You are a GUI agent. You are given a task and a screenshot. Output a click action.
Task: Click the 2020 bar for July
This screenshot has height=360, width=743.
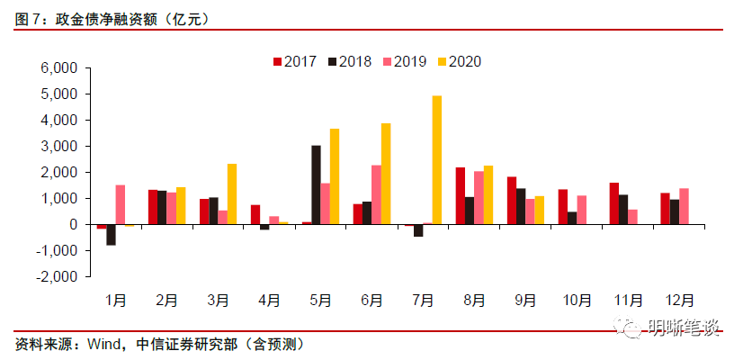tap(437, 159)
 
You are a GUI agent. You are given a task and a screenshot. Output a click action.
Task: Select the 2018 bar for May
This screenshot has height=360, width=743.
tap(317, 184)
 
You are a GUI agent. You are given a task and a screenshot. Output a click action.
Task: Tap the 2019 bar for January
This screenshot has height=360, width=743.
tap(121, 204)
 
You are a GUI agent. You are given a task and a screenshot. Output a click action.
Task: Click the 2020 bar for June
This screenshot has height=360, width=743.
tap(386, 174)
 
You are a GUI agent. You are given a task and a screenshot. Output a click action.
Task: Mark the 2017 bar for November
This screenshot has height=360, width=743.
tap(613, 203)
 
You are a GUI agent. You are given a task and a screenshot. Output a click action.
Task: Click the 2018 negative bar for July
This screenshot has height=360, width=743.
tap(418, 230)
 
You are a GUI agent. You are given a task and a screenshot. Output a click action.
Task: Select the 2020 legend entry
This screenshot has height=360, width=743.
tap(459, 61)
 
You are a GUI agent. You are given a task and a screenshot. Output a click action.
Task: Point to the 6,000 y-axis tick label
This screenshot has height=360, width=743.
tap(62, 68)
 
